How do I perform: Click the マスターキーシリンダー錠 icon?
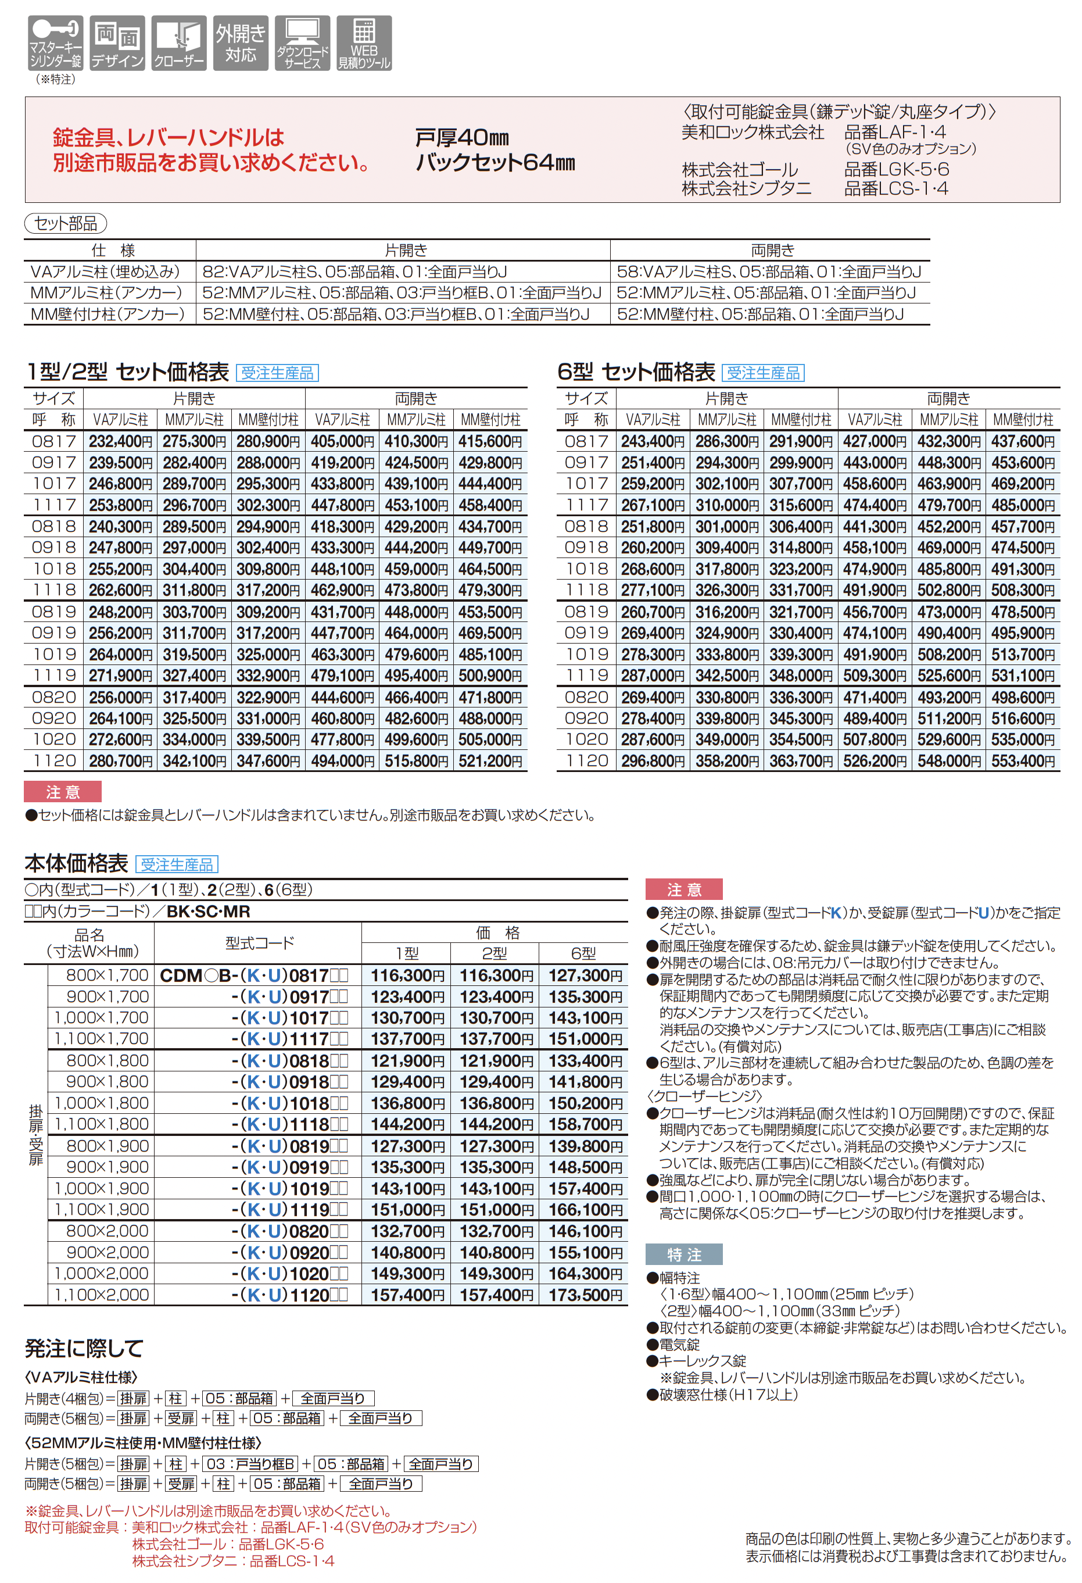56,43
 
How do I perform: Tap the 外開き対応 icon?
241,43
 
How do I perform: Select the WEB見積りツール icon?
364,43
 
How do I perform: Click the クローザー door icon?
179,43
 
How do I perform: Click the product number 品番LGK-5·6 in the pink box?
896,170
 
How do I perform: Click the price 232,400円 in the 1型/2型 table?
120,441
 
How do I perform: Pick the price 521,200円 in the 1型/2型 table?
490,761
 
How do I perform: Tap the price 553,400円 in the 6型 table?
1023,761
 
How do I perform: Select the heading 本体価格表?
76,864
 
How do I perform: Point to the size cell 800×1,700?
107,975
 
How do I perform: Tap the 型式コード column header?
259,943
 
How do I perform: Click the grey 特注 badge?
683,1254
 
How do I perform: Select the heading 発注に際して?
84,1349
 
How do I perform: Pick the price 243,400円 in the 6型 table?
653,441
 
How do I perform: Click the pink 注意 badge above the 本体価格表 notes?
683,889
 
